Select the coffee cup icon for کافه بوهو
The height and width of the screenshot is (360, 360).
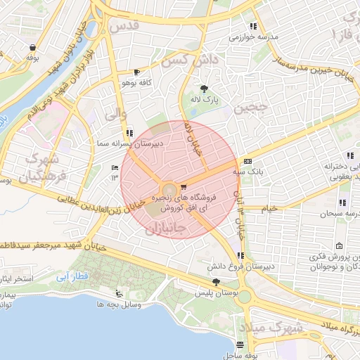(136, 72)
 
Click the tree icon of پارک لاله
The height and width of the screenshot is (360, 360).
(204, 89)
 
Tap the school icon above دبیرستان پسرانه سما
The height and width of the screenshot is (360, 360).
(129, 132)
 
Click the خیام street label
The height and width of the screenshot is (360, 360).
(269, 209)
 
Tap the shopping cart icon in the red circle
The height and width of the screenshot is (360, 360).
(184, 187)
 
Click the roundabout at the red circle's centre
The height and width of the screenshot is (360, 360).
(169, 191)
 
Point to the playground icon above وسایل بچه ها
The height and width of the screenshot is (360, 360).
(118, 294)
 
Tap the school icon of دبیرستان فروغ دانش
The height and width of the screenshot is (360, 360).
(241, 256)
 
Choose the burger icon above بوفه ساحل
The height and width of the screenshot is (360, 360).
(240, 345)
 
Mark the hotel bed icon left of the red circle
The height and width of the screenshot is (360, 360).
(115, 167)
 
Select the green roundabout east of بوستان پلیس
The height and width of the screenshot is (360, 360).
(244, 296)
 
